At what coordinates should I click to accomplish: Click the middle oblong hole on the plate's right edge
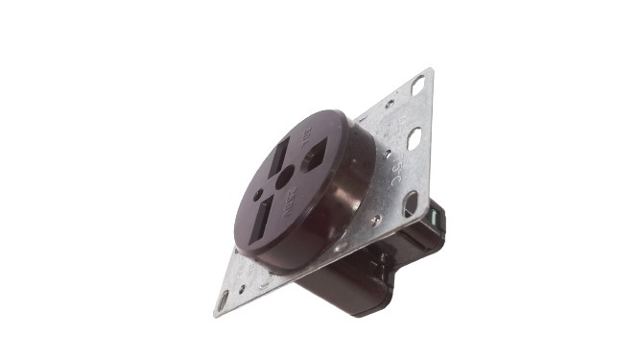pos(414,139)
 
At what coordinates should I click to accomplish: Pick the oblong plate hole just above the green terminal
pos(410,203)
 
